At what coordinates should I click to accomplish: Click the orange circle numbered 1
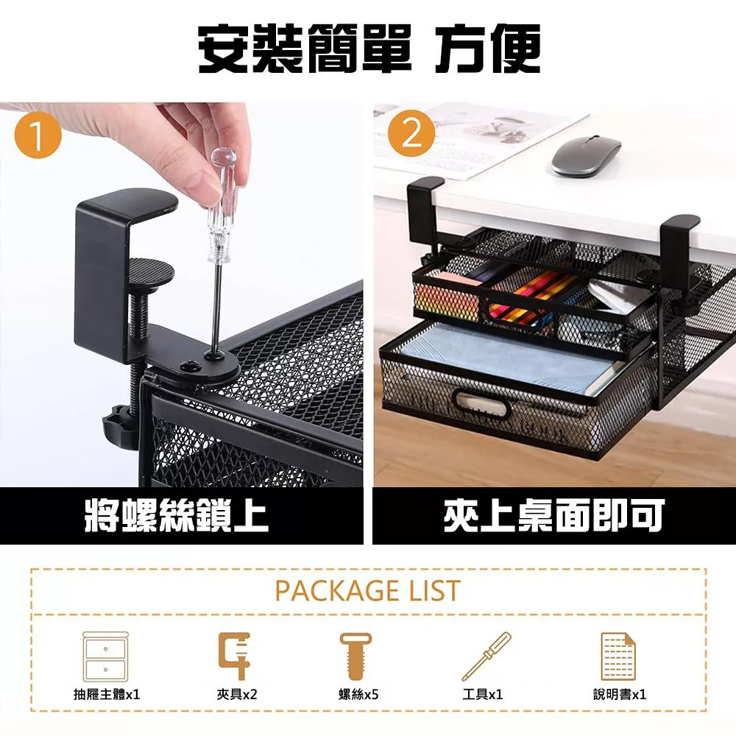click(38, 135)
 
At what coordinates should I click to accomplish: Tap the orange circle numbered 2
click(411, 134)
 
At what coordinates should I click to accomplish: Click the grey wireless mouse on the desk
click(587, 156)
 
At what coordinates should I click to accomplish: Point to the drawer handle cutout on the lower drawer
click(482, 403)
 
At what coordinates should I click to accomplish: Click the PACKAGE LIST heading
click(367, 590)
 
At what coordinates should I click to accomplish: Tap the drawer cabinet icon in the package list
click(105, 657)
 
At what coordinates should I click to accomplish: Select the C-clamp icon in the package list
click(235, 656)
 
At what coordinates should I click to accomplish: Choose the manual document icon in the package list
click(618, 657)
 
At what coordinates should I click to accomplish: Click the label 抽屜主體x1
click(107, 694)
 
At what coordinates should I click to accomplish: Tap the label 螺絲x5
click(358, 694)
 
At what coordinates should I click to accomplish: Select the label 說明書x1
click(620, 694)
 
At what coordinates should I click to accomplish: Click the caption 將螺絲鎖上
click(177, 515)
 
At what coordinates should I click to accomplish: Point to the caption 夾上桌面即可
click(554, 515)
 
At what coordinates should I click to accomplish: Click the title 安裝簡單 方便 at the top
click(369, 49)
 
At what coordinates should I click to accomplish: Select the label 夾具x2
click(237, 694)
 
